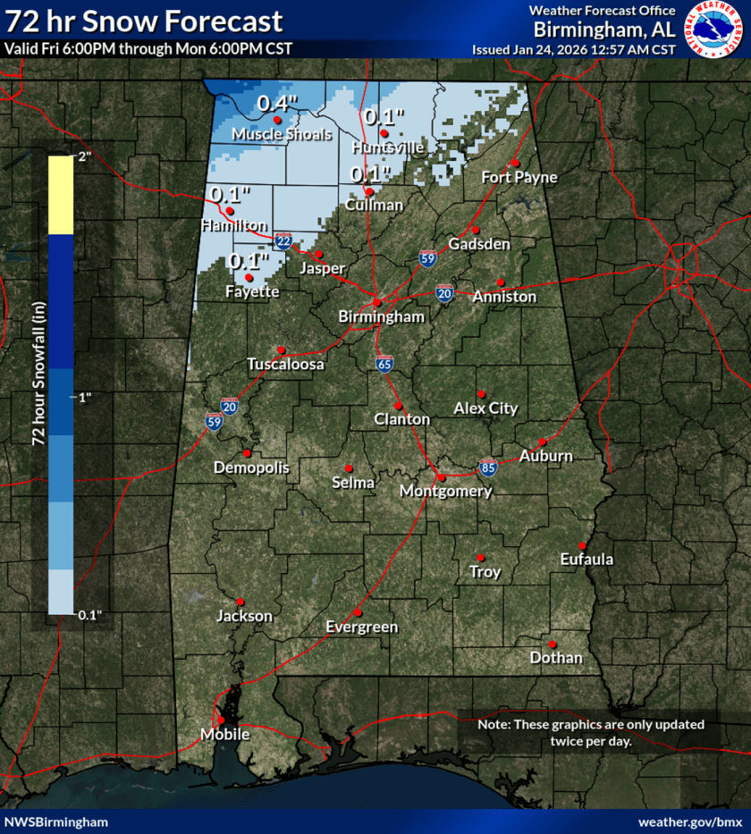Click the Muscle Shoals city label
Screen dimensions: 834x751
(x=282, y=134)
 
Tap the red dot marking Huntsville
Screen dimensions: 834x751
(x=384, y=133)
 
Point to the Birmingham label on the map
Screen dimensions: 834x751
(x=381, y=317)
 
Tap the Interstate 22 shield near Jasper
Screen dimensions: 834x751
(x=283, y=241)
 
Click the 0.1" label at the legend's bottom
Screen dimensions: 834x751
(x=89, y=614)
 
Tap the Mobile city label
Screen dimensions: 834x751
(x=224, y=734)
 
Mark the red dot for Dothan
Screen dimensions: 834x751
(x=553, y=644)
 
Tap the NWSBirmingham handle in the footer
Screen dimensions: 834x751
(x=56, y=821)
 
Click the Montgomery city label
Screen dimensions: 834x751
(x=445, y=492)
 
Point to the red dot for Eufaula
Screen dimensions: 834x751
(x=582, y=546)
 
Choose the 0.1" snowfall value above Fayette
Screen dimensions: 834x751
(x=249, y=261)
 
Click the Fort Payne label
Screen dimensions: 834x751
(x=519, y=177)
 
